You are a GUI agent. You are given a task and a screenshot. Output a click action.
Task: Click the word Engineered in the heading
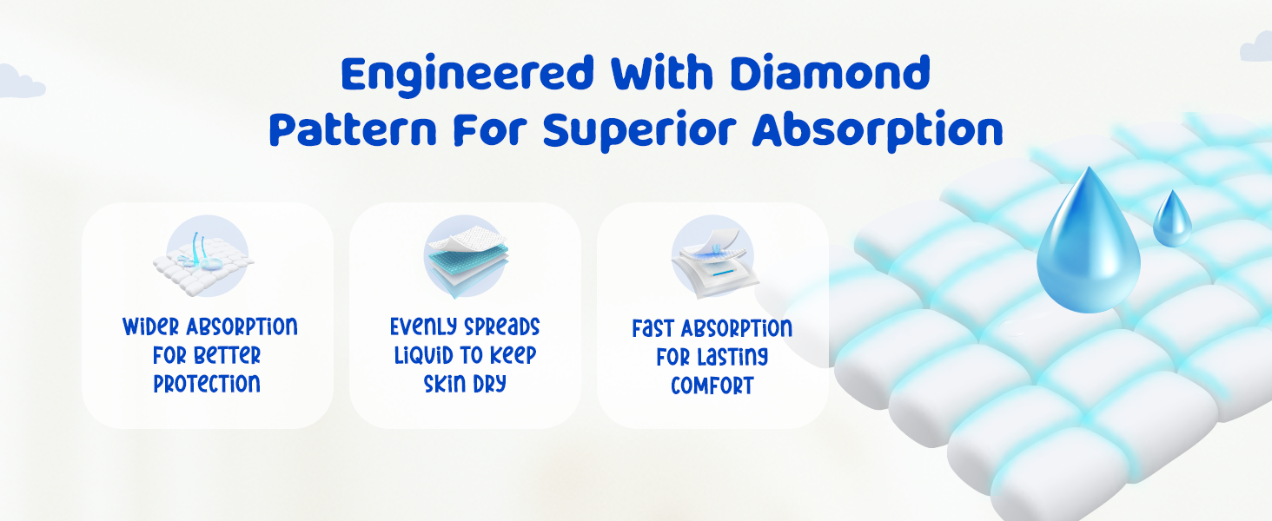point(467,75)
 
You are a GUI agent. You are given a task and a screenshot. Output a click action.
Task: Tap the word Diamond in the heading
point(831,72)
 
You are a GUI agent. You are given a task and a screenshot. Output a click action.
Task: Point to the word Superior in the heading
point(639,132)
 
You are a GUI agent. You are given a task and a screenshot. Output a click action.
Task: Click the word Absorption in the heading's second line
point(878,130)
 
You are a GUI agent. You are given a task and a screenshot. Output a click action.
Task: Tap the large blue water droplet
point(1088,240)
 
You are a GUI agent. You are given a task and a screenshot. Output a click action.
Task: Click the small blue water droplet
point(1172,219)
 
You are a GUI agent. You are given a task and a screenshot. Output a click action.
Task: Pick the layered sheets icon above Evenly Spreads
point(466,256)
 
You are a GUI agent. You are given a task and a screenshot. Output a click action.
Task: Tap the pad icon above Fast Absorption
point(714,258)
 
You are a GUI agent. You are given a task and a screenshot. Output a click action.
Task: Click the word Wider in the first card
point(151,326)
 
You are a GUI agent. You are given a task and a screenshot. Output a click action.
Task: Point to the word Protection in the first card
point(207,384)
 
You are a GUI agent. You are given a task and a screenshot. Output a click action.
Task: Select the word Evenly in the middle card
point(424,326)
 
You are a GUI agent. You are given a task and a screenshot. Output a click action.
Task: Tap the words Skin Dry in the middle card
point(465,384)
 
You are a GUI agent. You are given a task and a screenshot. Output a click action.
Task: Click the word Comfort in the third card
point(712,386)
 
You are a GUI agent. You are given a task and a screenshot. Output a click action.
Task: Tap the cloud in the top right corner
point(1256,47)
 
